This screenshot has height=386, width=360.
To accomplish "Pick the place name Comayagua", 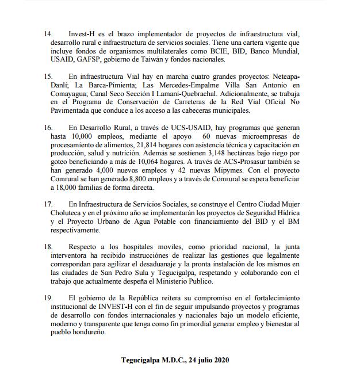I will coord(68,93).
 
